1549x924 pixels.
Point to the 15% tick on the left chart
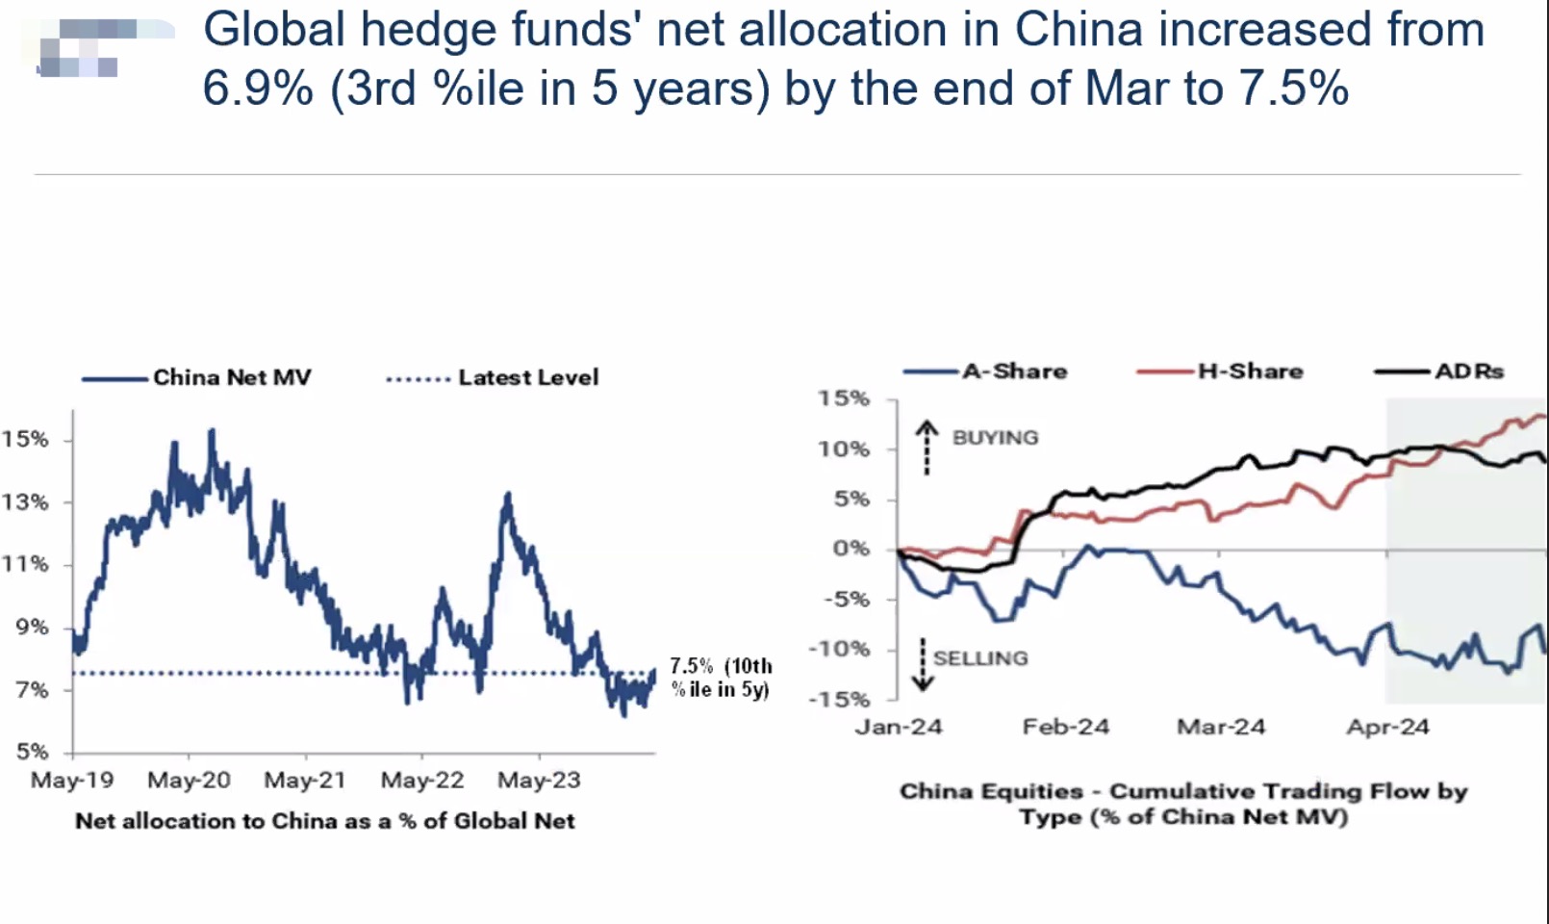click(x=25, y=439)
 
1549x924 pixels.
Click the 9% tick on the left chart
click(x=32, y=627)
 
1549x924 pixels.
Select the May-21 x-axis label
click(x=304, y=780)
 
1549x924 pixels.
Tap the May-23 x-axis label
click(x=539, y=780)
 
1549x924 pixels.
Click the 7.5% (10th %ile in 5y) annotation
click(x=721, y=677)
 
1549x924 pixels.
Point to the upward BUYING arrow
click(x=926, y=447)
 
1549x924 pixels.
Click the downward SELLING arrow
click(x=923, y=665)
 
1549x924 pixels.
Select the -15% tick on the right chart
click(x=838, y=699)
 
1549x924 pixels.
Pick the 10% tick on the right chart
click(x=844, y=449)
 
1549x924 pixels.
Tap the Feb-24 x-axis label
click(x=1065, y=727)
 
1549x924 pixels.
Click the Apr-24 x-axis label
click(x=1387, y=727)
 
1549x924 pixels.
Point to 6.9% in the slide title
click(x=258, y=89)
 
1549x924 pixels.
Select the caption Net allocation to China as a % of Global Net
click(x=325, y=821)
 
